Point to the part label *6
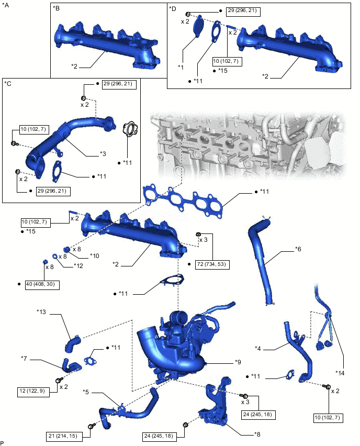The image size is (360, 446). tap(298, 249)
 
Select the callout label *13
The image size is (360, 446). tap(42, 313)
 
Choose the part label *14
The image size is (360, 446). tap(340, 373)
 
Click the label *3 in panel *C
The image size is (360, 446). tap(103, 154)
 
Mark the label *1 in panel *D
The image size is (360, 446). tap(181, 67)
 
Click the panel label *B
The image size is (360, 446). tap(57, 8)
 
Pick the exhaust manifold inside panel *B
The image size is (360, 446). tap(105, 44)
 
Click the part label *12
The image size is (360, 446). tap(79, 266)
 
